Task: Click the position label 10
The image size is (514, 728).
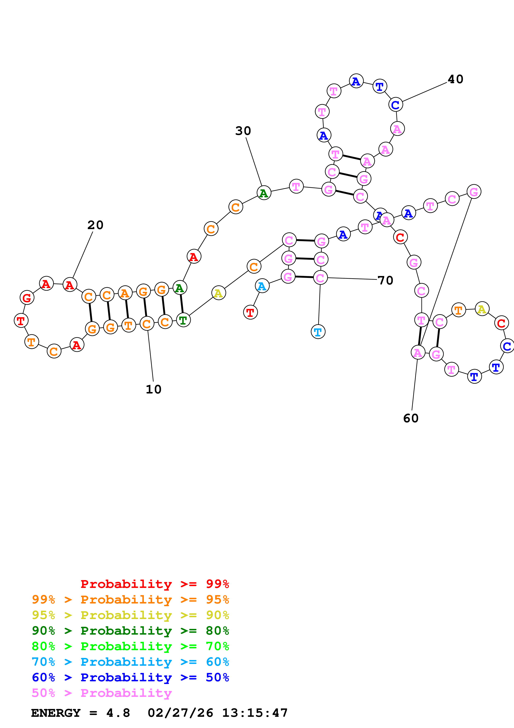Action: click(x=154, y=389)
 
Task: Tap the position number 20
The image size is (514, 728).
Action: click(x=95, y=225)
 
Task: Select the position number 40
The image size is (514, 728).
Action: click(x=455, y=79)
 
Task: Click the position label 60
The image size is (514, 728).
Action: click(x=411, y=419)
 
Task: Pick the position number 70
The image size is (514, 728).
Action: click(x=385, y=280)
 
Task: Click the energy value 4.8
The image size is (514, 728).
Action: click(x=118, y=713)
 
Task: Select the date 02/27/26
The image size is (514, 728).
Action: click(x=180, y=713)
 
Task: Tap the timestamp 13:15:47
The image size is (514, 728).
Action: click(x=255, y=713)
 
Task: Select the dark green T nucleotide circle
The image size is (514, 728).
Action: click(x=183, y=320)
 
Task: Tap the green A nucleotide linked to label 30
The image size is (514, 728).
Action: click(x=264, y=193)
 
